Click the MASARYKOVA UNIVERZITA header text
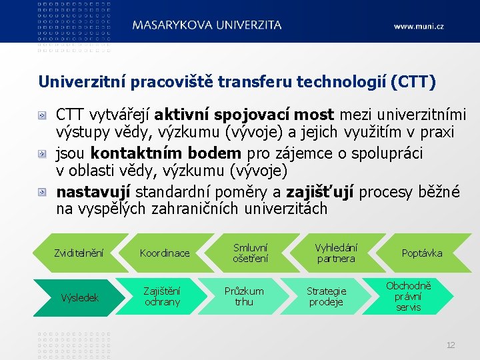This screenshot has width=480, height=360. (x=207, y=25)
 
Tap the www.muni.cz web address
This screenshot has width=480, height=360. (x=418, y=27)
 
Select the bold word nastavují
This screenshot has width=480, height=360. (x=94, y=192)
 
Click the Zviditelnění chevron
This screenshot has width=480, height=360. (x=79, y=253)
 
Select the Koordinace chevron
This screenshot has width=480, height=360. (x=165, y=253)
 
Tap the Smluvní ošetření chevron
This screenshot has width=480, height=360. (x=250, y=253)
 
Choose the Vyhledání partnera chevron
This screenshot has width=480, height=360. (x=336, y=253)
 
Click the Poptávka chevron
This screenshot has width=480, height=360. (x=421, y=253)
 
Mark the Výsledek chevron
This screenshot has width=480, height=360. (x=79, y=297)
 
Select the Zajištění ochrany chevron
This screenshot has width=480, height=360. (x=162, y=297)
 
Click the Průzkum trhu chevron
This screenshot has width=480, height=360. (x=244, y=297)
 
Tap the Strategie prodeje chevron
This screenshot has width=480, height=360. (x=326, y=297)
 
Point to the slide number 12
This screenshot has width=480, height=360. (x=451, y=345)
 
